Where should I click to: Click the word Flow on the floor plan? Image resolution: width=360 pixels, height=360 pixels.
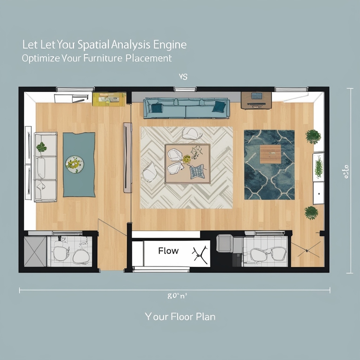tap(168, 251)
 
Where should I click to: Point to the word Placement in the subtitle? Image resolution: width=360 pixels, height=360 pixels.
tap(148, 58)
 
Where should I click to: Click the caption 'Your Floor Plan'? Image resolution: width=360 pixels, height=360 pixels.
tap(180, 316)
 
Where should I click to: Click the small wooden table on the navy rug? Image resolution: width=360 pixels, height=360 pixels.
tap(270, 154)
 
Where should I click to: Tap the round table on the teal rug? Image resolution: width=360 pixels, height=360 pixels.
tap(75, 164)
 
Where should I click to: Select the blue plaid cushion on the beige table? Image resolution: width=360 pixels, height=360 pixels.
tap(197, 172)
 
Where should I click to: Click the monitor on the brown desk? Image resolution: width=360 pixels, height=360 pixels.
tap(257, 96)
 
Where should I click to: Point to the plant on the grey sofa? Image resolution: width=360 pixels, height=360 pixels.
tap(41, 147)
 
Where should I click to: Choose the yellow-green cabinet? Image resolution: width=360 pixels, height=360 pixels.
tap(109, 99)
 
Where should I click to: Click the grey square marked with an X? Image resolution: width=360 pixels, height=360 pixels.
tap(35, 251)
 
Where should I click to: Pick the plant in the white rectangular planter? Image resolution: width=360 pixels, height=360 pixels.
tap(319, 167)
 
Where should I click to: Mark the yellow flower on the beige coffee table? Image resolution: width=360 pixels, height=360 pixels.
tap(186, 159)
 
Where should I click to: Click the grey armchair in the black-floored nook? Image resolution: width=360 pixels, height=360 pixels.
tap(224, 243)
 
